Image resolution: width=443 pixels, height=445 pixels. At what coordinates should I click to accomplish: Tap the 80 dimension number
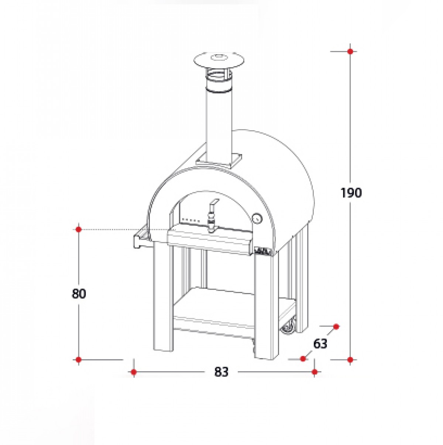pos(79,294)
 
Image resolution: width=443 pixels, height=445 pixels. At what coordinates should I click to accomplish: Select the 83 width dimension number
pos(221,372)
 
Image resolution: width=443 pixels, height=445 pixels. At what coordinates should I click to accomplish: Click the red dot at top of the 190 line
pos(350,51)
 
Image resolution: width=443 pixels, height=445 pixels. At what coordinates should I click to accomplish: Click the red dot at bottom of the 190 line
pos(350,359)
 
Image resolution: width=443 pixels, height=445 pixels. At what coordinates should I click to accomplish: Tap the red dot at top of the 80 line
pos(79,229)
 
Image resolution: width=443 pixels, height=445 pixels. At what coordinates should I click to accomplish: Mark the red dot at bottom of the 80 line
pos(79,359)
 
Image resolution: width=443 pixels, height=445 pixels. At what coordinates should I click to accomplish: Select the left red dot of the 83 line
pos(134,372)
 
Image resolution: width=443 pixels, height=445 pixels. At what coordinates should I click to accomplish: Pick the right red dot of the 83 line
pos(314,372)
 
